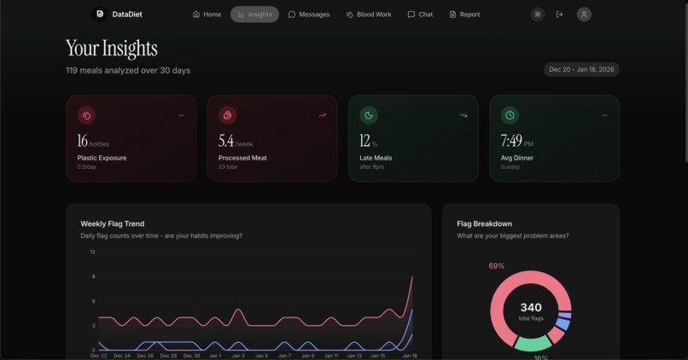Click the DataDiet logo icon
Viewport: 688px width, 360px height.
[100, 15]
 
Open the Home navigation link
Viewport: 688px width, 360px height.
[207, 15]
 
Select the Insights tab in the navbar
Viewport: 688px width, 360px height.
[254, 15]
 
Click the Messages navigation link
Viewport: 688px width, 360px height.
[309, 15]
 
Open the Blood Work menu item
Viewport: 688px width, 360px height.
[369, 15]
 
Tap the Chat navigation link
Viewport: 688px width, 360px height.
[420, 15]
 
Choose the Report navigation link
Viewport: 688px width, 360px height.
[464, 15]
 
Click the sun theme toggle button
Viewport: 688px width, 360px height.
[537, 15]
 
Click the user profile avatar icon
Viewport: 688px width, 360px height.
[584, 15]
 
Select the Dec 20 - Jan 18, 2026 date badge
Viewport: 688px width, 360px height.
[581, 70]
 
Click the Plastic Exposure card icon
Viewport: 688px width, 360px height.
[86, 115]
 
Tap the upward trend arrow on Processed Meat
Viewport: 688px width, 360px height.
[322, 115]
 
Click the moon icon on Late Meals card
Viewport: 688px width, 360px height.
[369, 115]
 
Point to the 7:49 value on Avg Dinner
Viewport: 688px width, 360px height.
[511, 141]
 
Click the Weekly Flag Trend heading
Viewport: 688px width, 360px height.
[113, 224]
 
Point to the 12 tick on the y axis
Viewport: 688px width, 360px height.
[92, 253]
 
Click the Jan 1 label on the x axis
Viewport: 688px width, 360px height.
[214, 356]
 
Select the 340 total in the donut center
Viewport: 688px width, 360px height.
[530, 308]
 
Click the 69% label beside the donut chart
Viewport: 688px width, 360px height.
[496, 266]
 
